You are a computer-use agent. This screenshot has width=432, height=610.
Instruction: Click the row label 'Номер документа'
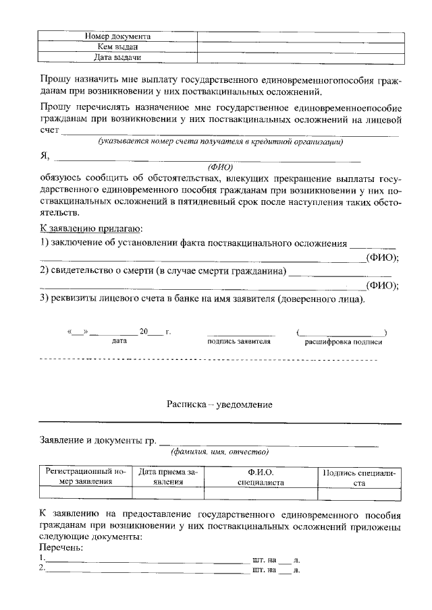click(117, 36)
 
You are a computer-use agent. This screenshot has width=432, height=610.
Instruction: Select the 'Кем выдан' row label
click(117, 47)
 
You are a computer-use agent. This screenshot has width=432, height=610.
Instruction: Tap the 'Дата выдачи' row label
click(117, 58)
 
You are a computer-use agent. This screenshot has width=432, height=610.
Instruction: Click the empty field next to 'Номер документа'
click(298, 36)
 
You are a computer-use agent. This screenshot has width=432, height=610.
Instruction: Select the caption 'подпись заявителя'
click(240, 342)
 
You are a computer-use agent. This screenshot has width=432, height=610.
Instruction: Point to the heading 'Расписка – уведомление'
click(219, 404)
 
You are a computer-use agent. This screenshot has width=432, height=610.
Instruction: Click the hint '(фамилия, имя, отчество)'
click(220, 451)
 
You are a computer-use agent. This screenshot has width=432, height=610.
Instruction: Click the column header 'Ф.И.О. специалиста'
click(261, 477)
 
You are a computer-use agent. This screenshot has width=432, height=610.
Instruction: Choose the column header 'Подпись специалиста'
click(358, 477)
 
